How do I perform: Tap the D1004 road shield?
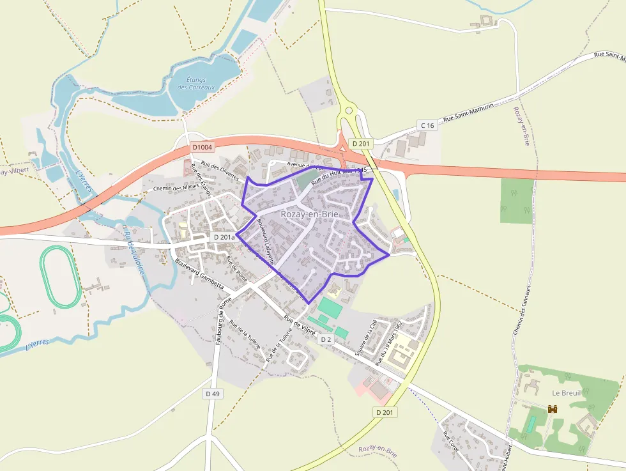(x=202, y=147)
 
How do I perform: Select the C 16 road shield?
(x=427, y=125)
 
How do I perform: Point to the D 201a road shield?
(x=224, y=237)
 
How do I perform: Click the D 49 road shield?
(x=213, y=394)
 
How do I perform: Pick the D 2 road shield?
(x=326, y=339)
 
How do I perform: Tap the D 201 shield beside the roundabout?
(x=361, y=144)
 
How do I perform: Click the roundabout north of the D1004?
(x=349, y=111)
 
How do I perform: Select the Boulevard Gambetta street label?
(x=200, y=273)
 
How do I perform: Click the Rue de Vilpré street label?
(x=300, y=325)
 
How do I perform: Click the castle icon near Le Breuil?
(x=553, y=408)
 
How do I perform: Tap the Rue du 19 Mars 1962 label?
(x=390, y=343)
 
